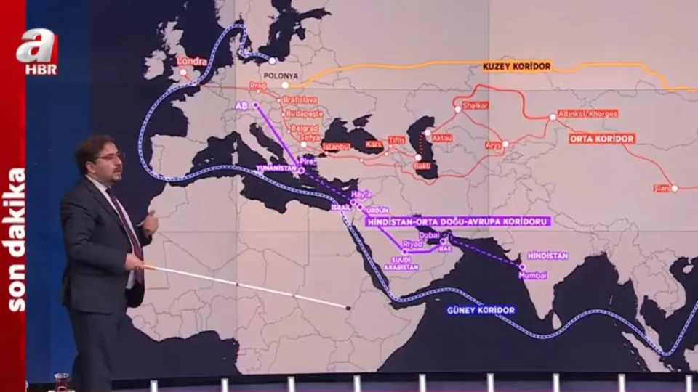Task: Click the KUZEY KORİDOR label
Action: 516,66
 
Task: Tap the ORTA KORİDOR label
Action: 602,138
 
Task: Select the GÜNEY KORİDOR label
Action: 481,310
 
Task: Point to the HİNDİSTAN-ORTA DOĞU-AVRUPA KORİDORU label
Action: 457,221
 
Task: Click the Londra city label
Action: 192,62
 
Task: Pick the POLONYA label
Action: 281,75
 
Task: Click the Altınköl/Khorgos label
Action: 587,114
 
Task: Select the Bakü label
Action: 422,166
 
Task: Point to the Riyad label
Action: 412,244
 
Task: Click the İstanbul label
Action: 336,146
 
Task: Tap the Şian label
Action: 661,188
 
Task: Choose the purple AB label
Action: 242,105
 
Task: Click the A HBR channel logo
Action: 37,52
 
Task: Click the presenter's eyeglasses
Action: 110,157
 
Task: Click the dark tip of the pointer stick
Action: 348,308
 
